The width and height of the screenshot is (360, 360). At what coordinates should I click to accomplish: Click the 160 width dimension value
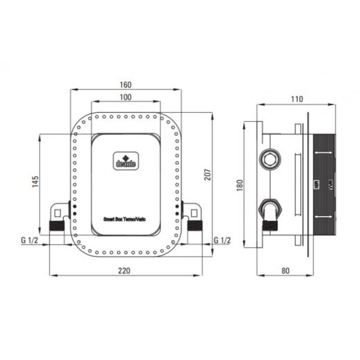pos(126,85)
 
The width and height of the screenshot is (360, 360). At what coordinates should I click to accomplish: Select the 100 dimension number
pos(126,97)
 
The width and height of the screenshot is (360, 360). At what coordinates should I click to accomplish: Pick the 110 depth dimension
pos(297,99)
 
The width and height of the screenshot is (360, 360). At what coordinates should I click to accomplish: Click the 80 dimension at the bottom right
pos(284,270)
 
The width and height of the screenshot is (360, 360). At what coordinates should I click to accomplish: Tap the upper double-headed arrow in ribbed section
pos(323,154)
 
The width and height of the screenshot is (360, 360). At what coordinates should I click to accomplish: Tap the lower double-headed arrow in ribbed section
pos(323,217)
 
